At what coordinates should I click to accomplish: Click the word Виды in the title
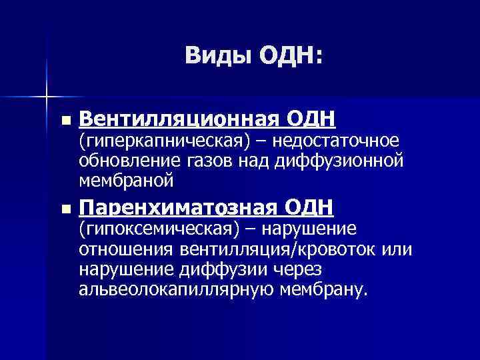pos(211,56)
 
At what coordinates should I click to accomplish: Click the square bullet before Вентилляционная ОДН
pos(64,121)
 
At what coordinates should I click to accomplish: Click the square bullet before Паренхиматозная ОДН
pos(64,209)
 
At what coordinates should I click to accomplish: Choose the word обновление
pos(127,160)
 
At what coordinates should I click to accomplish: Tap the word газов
pos(207,160)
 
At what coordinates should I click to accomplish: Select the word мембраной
pos(126,180)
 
